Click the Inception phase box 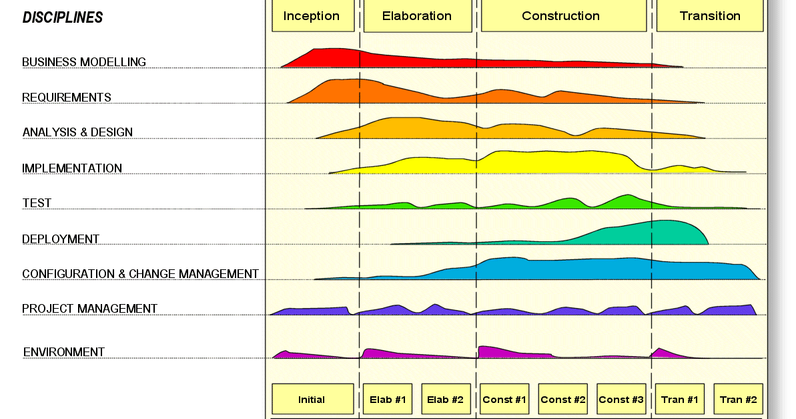312,16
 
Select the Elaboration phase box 417,16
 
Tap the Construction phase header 563,16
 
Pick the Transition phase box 709,16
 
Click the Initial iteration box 312,399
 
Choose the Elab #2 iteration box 446,399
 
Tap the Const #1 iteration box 504,399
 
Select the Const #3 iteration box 621,399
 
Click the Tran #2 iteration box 738,399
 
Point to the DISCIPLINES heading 63,18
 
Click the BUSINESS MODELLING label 84,62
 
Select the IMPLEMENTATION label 72,168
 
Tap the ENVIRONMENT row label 64,352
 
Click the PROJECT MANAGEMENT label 89,309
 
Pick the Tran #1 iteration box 680,399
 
